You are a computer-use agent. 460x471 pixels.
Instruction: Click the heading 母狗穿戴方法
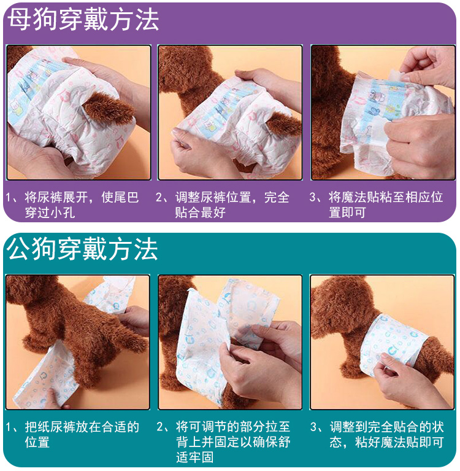83,20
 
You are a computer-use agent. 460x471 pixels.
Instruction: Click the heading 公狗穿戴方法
83,249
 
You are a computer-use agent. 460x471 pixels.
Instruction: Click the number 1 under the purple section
9,198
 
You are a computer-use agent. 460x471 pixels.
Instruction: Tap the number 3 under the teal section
313,427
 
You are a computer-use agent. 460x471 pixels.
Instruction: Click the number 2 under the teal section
160,427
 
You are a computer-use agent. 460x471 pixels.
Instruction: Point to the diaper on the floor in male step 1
45,375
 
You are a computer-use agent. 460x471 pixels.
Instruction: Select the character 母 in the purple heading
19,20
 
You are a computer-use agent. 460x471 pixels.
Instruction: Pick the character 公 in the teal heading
18,249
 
